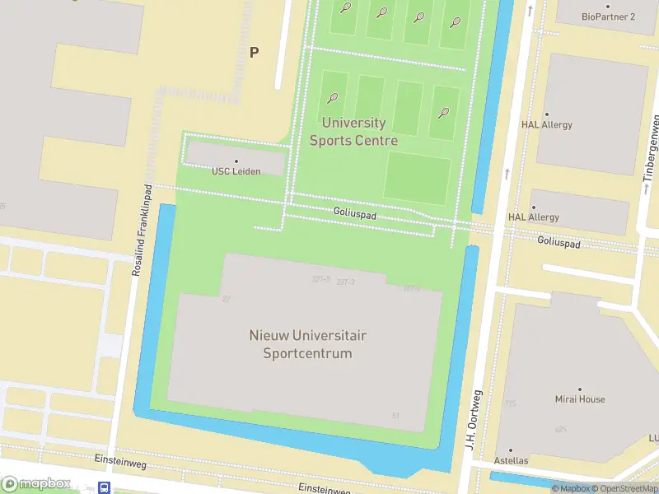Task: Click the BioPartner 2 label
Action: pyautogui.click(x=608, y=16)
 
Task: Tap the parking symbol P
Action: pyautogui.click(x=255, y=52)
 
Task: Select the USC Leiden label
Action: pyautogui.click(x=236, y=170)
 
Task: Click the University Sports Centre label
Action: pyautogui.click(x=353, y=132)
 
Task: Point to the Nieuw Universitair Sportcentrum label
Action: pyautogui.click(x=307, y=344)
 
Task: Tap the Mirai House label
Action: pyautogui.click(x=579, y=398)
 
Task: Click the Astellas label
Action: pyautogui.click(x=511, y=460)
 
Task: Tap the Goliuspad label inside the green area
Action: pyautogui.click(x=355, y=212)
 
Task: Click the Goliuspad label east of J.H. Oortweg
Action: pyautogui.click(x=559, y=243)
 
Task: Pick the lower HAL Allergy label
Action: pyautogui.click(x=534, y=217)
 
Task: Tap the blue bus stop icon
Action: pyautogui.click(x=105, y=487)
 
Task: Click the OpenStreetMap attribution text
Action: pyautogui.click(x=626, y=489)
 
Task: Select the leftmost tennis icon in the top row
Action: pyautogui.click(x=346, y=7)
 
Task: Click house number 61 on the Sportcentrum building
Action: pyautogui.click(x=396, y=415)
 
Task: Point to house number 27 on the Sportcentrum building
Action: pyautogui.click(x=227, y=298)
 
